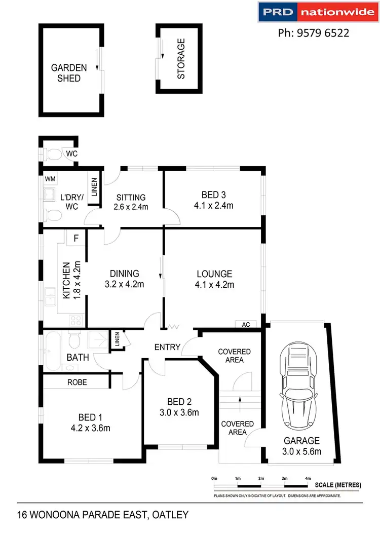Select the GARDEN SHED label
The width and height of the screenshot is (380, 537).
click(x=68, y=73)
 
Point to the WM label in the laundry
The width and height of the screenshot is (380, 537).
click(x=50, y=179)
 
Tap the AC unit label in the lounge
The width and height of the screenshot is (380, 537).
click(x=246, y=324)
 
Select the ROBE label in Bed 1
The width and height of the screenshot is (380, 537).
click(x=77, y=382)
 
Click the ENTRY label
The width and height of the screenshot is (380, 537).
click(x=167, y=347)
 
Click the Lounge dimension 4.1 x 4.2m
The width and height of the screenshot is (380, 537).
click(x=214, y=284)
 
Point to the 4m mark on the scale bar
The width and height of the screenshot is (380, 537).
click(x=308, y=478)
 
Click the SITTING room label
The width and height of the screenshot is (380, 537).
click(x=131, y=198)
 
